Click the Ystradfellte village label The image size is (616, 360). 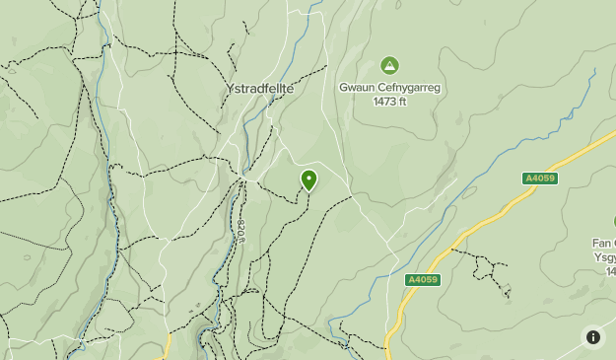(260, 88)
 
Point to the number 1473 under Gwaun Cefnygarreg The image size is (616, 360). (383, 101)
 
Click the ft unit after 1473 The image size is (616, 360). (401, 101)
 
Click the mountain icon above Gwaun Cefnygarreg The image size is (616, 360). (389, 66)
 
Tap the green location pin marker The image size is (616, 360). (309, 180)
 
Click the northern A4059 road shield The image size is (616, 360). (539, 179)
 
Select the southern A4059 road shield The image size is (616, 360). (422, 280)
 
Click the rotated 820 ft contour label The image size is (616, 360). (241, 233)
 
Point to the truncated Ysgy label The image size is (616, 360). (604, 256)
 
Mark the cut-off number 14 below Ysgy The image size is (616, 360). (608, 270)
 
